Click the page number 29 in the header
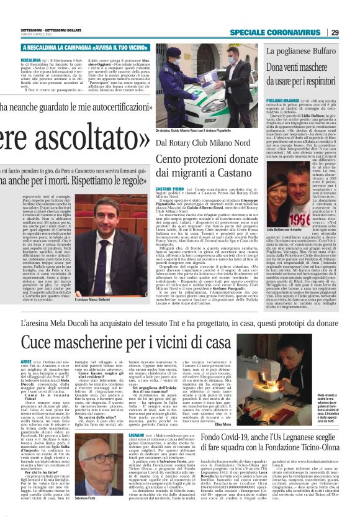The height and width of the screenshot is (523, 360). [x=351, y=32]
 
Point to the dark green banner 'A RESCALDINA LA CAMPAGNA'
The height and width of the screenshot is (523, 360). [x=85, y=47]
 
